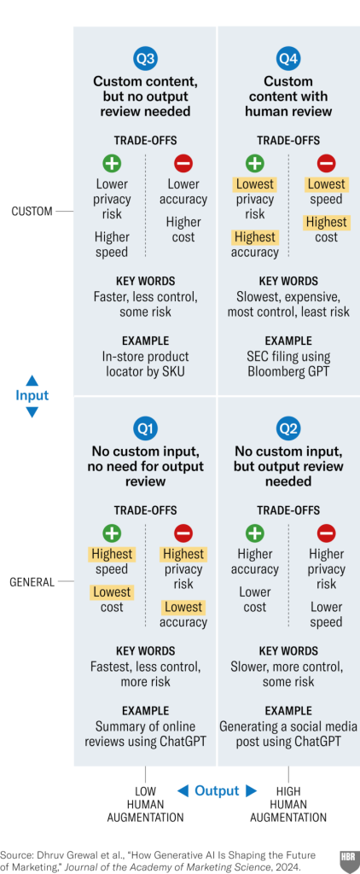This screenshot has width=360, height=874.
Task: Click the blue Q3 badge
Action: pos(145,59)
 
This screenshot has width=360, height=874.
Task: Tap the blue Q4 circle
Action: pos(288,59)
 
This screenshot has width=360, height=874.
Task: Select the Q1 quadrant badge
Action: pos(145,428)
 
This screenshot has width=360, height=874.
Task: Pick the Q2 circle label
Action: pos(288,428)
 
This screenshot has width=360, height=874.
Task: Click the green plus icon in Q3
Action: pos(112,164)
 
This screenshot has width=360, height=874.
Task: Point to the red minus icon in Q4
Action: pos(326,164)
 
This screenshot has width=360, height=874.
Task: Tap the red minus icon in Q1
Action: pos(183,534)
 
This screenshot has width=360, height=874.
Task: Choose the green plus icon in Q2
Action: pos(255,534)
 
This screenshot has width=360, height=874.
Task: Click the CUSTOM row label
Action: pos(32,212)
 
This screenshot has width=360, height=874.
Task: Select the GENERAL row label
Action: pos(32,582)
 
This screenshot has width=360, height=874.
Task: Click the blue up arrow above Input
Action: pos(32,380)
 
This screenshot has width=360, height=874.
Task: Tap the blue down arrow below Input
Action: pos(32,412)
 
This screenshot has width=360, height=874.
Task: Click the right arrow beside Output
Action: pos(252,790)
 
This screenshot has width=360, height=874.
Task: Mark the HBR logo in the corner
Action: pos(350,858)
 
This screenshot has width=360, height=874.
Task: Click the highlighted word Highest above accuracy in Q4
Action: pos(255,237)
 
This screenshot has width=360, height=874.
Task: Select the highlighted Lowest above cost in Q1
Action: pos(112,592)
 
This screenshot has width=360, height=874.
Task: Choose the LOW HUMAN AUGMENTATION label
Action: pos(145,804)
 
